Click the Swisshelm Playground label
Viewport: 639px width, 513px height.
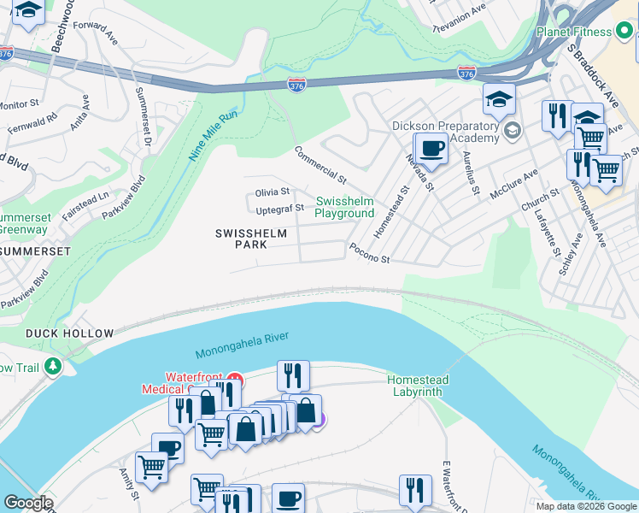[x=345, y=207]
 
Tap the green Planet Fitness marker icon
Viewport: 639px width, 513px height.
[x=624, y=32]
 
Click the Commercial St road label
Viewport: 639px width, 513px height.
[x=320, y=166]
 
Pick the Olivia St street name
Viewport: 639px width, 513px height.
[x=272, y=192]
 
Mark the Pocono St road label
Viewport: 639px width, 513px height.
[x=369, y=253]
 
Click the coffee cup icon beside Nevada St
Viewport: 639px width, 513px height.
[x=432, y=149]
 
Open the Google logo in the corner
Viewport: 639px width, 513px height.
[x=28, y=503]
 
